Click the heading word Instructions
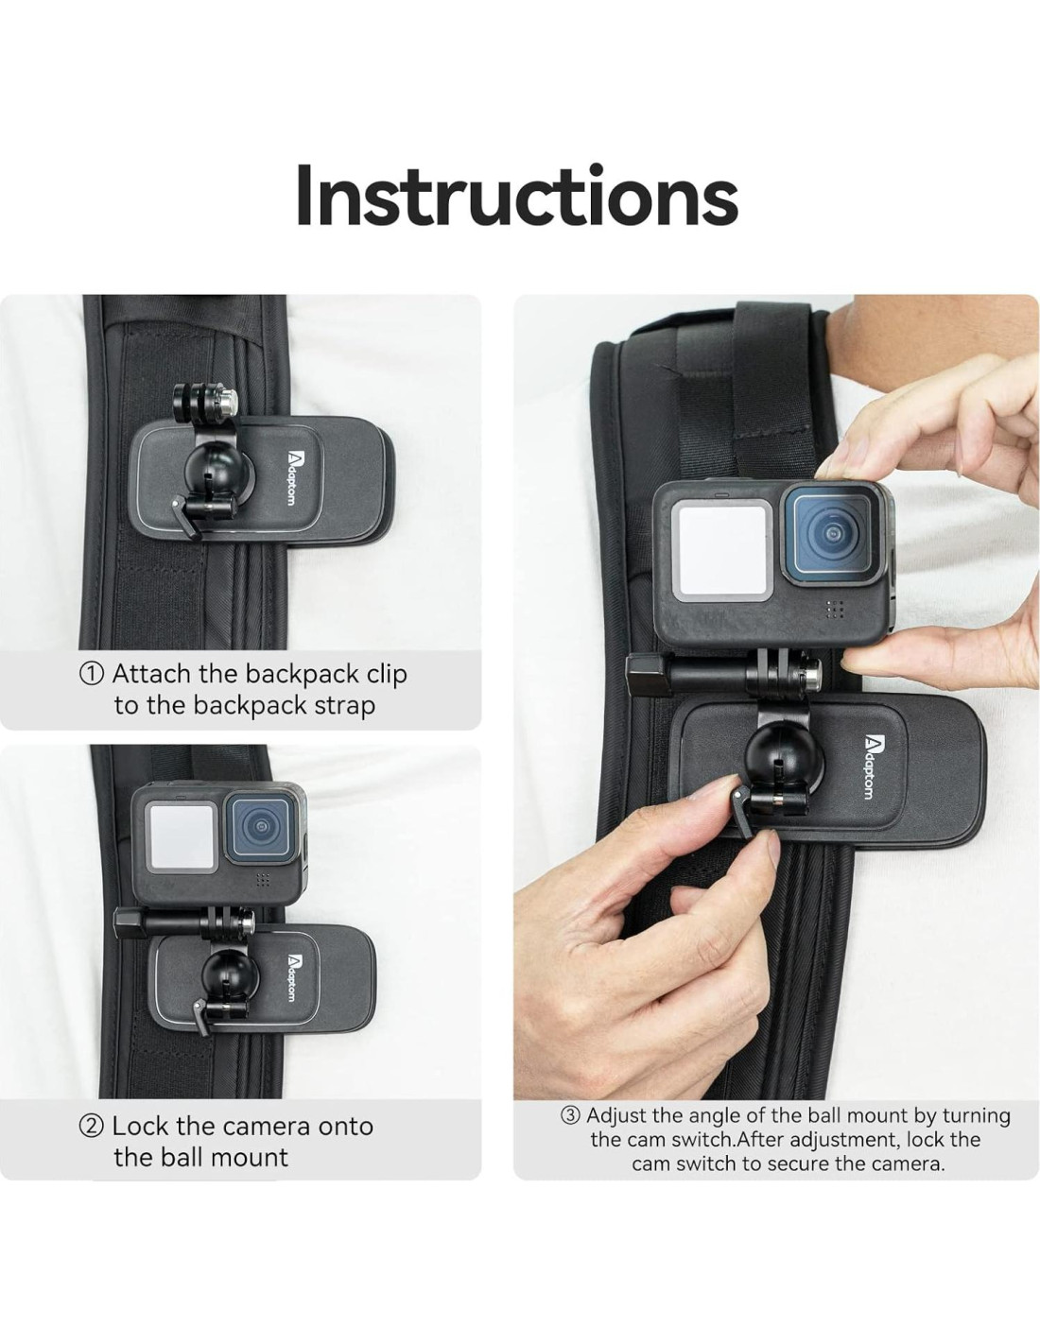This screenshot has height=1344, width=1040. pos(517,196)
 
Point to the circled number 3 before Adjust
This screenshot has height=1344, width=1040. pos(570,1116)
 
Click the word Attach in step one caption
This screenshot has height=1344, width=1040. pos(152,674)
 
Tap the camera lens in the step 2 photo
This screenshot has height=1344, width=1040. pos(260,827)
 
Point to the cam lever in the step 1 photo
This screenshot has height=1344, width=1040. pos(183,515)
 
